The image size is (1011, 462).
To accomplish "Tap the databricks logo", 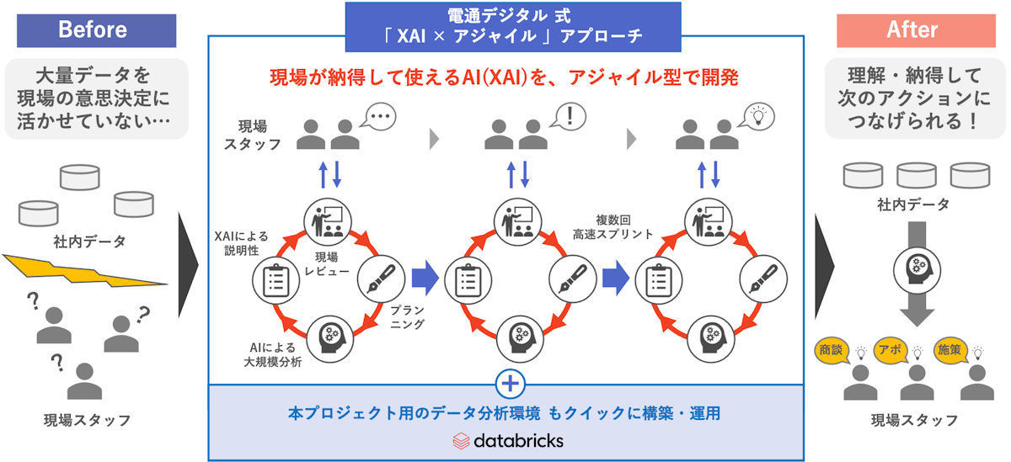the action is click(x=508, y=441).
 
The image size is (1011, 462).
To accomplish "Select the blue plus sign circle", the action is click(x=510, y=384).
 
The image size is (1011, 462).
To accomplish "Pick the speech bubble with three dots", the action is click(x=378, y=117).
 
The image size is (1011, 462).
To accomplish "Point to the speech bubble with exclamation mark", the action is click(x=569, y=116).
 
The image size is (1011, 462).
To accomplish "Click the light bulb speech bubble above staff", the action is click(x=757, y=116).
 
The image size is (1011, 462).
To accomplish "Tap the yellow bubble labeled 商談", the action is click(x=832, y=350).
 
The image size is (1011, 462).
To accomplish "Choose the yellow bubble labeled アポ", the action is click(x=891, y=350).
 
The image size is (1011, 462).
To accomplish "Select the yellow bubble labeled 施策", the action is click(x=950, y=350).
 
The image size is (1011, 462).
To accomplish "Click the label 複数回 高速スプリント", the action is click(x=613, y=227).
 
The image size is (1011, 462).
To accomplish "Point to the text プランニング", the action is click(x=408, y=317).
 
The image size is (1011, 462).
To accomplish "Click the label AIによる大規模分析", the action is click(x=273, y=355).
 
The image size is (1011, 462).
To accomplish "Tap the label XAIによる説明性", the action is click(x=241, y=243).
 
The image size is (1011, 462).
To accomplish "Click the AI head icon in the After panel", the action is click(x=917, y=270).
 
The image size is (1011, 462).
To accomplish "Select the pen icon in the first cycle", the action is click(x=381, y=279).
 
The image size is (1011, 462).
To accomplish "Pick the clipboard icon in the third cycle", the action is click(x=659, y=280).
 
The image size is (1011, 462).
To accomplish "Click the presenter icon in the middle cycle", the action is click(x=517, y=222).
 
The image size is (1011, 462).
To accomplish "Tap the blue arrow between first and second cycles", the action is click(x=425, y=278).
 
